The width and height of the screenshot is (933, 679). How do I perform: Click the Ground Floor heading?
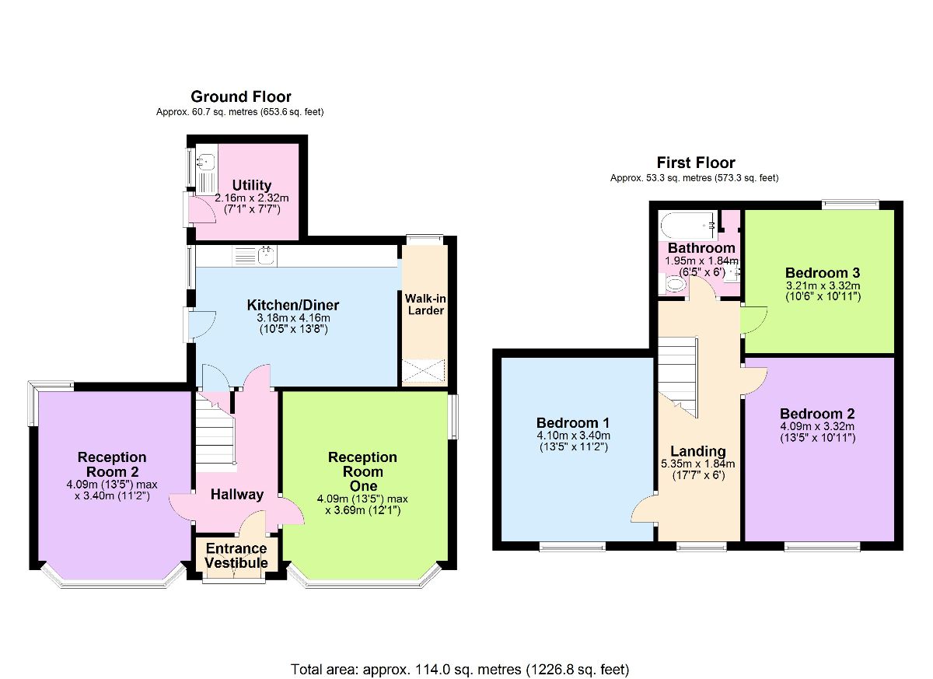pos(241,96)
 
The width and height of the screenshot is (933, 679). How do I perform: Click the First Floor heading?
pos(695,163)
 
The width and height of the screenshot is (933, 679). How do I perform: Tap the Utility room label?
pos(252,185)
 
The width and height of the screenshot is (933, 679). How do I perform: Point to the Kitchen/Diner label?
pos(293,304)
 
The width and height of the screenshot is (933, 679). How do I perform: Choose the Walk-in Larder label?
pos(425,304)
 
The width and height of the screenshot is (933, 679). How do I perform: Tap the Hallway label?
pos(237,495)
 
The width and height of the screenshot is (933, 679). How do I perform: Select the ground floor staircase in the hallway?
pos(215,439)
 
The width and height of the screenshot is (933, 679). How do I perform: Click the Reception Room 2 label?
pos(112,464)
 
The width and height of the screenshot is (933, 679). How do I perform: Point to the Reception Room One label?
pos(362,471)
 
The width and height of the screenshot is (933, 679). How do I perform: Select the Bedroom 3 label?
pos(822,273)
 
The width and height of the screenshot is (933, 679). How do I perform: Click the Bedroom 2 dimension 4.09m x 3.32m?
pos(817,426)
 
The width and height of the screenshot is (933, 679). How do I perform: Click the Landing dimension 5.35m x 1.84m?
pos(698,464)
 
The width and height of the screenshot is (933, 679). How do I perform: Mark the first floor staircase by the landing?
pos(677,373)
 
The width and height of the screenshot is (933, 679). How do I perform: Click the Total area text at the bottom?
pos(460,669)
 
